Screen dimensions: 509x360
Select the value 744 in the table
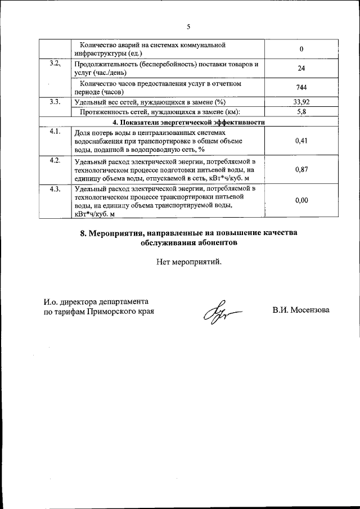(x=302, y=87)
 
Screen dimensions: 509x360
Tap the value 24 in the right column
(x=302, y=68)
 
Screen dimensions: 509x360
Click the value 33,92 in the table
(x=302, y=102)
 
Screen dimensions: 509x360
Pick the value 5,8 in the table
(x=302, y=111)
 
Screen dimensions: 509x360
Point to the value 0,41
(x=302, y=141)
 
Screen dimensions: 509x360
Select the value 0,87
(x=302, y=170)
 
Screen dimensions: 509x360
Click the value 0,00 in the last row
(x=302, y=200)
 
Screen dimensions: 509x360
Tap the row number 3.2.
(x=55, y=64)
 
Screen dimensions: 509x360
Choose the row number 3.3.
(x=55, y=102)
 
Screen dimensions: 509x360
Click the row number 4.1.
(x=55, y=132)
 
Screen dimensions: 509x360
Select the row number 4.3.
(x=55, y=188)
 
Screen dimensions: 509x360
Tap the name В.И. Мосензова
(x=301, y=310)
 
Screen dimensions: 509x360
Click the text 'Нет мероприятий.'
(x=189, y=261)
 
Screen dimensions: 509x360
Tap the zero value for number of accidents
(x=302, y=49)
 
